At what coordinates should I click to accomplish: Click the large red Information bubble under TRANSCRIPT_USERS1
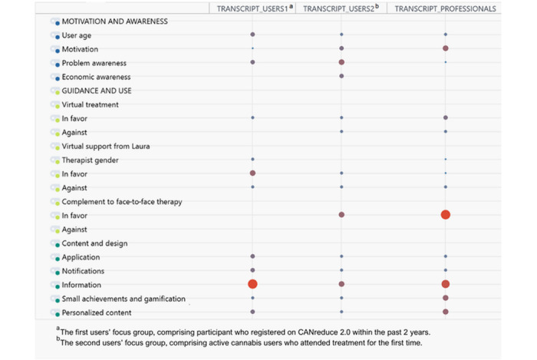tap(252, 285)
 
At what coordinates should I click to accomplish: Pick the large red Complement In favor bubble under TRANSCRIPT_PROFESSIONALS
tap(446, 215)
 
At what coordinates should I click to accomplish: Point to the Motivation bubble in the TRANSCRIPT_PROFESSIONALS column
tap(446, 48)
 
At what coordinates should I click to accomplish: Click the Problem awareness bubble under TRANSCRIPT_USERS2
tap(341, 62)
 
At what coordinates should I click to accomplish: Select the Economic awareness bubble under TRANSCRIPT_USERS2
tap(341, 76)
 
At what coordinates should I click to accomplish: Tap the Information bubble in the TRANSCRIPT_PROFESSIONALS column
tap(446, 285)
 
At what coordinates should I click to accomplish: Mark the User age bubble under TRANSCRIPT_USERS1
tap(252, 35)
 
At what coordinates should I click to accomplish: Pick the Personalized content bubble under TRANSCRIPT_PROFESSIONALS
tap(446, 312)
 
